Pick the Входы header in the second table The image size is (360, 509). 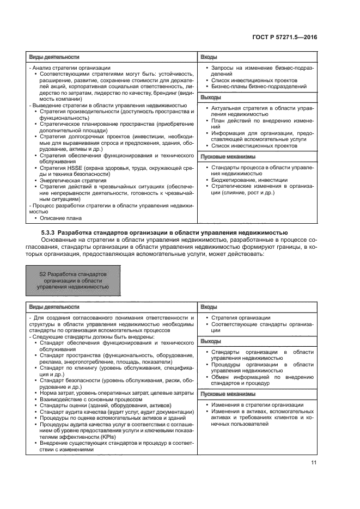210,307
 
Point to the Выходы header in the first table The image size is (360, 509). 211,97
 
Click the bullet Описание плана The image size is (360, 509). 61,218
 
